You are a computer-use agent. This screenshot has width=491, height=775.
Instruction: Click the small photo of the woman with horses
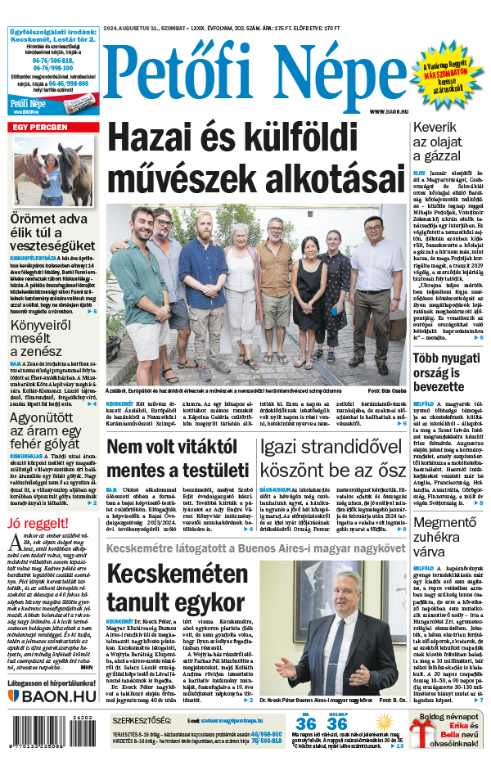[x=52, y=172]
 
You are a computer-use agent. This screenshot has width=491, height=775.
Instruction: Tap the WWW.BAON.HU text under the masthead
[x=387, y=111]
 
